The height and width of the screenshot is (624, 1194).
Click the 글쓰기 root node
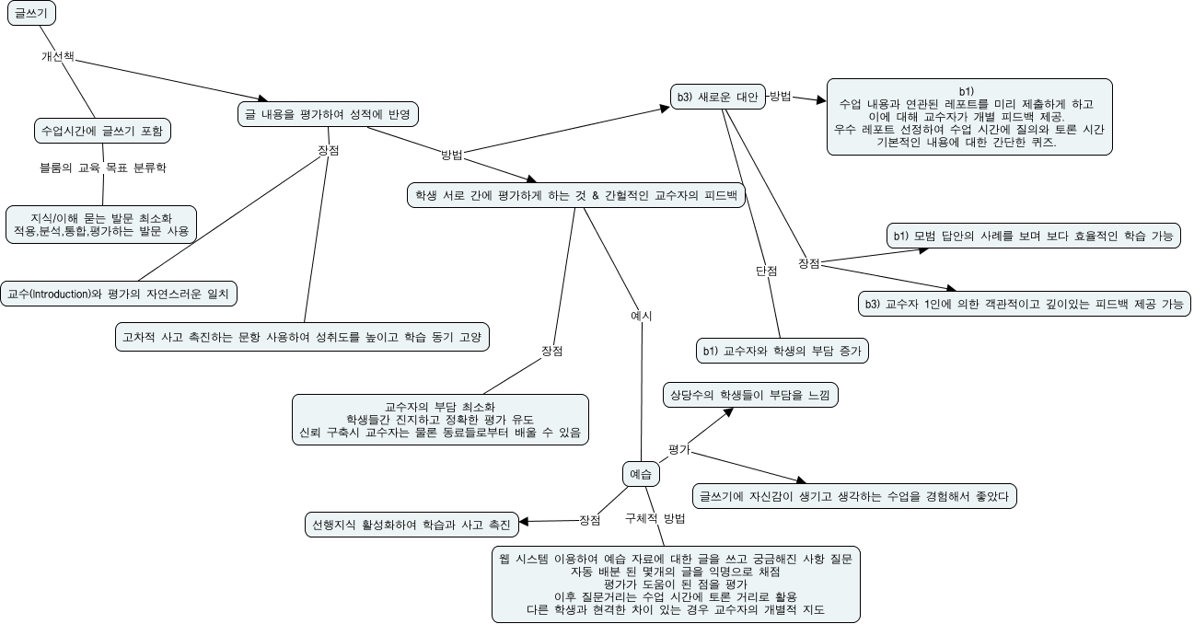[x=33, y=15]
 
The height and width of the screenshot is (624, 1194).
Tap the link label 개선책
[x=57, y=56]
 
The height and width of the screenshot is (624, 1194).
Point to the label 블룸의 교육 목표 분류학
[x=103, y=168]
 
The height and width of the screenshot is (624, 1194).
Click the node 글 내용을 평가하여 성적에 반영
[x=328, y=114]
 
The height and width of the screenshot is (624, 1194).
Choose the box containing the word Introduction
[x=119, y=295]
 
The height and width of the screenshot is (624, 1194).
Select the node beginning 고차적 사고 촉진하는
[x=302, y=337]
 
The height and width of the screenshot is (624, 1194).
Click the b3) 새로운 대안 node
[x=717, y=97]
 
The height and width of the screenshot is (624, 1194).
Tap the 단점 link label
[x=766, y=271]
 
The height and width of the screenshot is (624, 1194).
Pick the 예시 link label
[x=641, y=316]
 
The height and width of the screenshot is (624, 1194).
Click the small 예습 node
[x=640, y=474]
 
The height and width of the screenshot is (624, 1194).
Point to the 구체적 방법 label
[x=655, y=518]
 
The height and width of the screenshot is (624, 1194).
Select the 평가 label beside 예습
[x=679, y=448]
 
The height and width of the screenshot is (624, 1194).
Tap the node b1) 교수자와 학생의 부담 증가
[x=782, y=351]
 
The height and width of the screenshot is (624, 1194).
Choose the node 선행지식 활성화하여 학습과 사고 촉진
[x=411, y=525]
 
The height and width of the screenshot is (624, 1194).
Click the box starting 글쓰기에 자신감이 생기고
[x=854, y=496]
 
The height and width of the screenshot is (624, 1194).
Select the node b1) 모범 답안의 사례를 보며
[x=1033, y=237]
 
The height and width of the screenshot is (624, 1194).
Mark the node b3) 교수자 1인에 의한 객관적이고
[x=1023, y=304]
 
